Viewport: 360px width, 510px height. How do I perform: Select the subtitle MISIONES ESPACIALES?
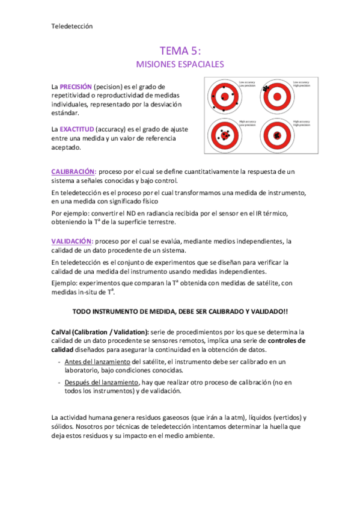(180, 63)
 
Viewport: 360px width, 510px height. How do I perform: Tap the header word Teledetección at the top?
(71, 25)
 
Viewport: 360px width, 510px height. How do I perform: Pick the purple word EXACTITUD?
(79, 129)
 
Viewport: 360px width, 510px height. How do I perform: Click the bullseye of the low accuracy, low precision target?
(224, 96)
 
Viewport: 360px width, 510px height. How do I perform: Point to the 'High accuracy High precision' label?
(301, 123)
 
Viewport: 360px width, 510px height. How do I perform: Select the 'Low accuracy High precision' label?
(301, 84)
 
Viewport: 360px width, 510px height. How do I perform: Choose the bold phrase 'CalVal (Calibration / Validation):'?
(100, 331)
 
